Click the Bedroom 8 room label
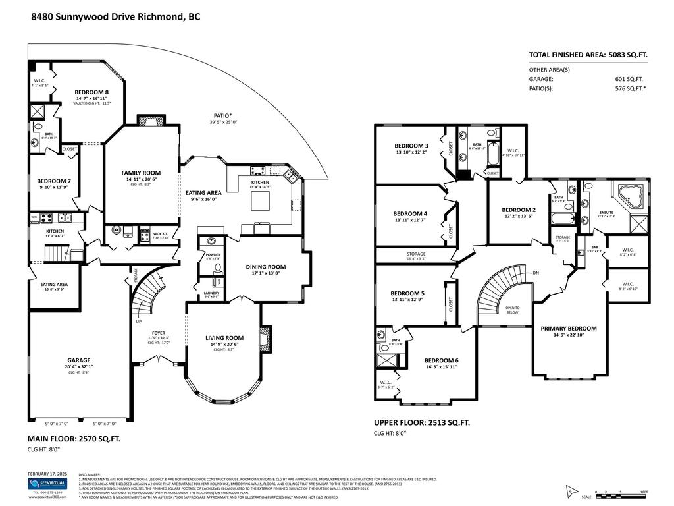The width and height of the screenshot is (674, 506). click(x=91, y=92)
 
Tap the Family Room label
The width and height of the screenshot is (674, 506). click(x=138, y=173)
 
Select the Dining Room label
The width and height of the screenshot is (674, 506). click(x=266, y=267)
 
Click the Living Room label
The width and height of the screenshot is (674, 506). click(x=224, y=338)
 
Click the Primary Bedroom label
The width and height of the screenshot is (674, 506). click(x=569, y=328)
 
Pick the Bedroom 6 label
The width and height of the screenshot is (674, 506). click(x=441, y=360)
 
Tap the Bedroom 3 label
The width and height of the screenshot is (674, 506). click(x=411, y=146)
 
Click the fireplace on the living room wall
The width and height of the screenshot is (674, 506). click(x=265, y=337)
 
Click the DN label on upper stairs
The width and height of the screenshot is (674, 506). click(x=536, y=272)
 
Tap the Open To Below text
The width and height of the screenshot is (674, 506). click(x=512, y=310)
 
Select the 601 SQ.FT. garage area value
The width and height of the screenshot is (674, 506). click(x=628, y=78)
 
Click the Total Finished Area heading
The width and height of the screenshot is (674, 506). click(x=588, y=55)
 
